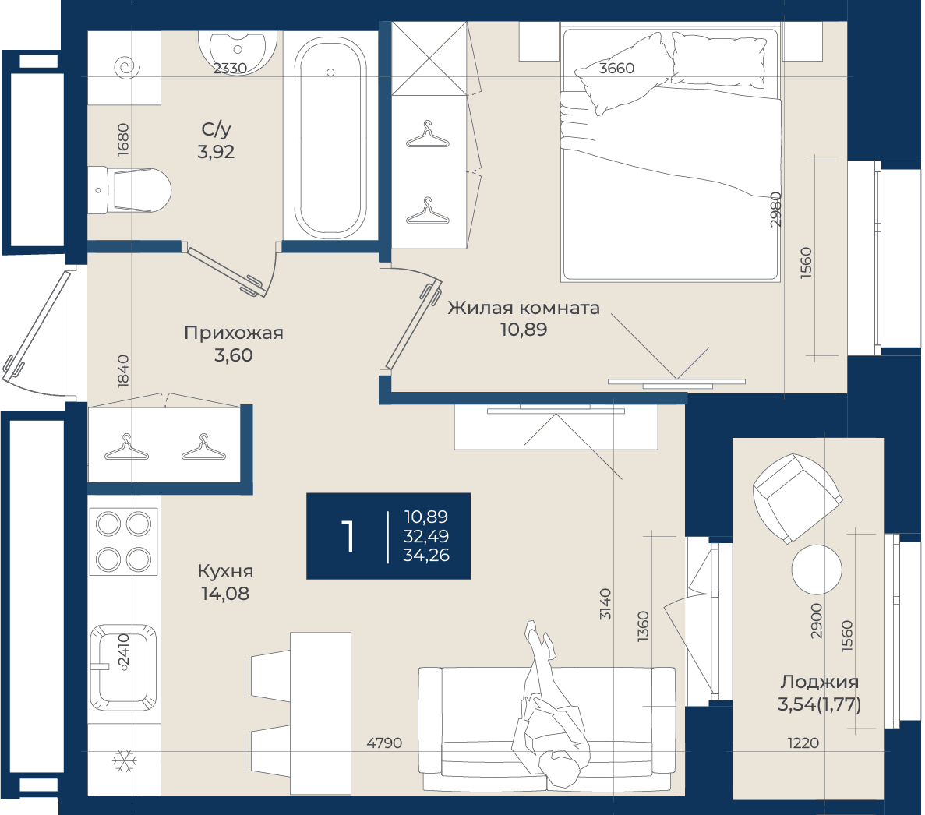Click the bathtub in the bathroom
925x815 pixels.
click(330, 137)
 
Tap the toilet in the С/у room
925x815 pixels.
click(130, 190)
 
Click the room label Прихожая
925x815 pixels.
click(234, 333)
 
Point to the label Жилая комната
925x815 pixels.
click(523, 307)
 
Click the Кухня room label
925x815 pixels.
click(225, 571)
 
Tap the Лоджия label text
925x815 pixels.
click(819, 682)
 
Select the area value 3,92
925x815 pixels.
click(216, 152)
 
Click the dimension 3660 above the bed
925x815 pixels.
click(616, 69)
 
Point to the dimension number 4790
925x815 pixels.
click(384, 743)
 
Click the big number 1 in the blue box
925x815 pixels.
click(348, 536)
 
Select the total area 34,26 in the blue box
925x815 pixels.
click(426, 555)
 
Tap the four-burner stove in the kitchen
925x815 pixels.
click(124, 542)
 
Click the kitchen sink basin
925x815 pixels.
click(124, 668)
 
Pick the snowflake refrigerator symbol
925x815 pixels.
click(125, 761)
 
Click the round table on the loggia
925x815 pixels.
click(817, 570)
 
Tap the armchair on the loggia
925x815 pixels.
click(796, 497)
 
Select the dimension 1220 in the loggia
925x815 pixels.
click(803, 743)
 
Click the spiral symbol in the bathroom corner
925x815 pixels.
click(128, 68)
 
